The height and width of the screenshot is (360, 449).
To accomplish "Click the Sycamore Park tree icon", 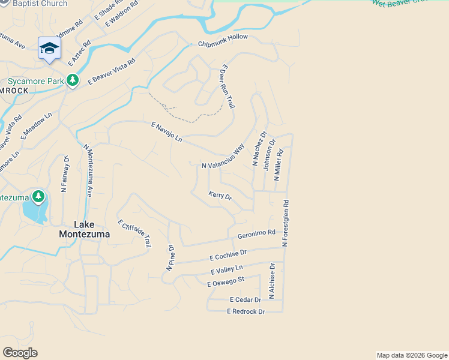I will (x=73, y=80).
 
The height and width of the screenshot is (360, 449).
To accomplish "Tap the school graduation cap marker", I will (x=49, y=48).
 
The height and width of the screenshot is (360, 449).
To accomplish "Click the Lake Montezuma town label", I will (x=85, y=229).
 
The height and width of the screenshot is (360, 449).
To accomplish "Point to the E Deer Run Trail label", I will (x=228, y=86).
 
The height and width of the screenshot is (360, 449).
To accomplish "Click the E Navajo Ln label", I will (x=166, y=131).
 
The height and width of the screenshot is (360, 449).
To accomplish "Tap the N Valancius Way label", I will (x=223, y=157).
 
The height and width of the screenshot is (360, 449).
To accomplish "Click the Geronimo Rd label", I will (x=256, y=234).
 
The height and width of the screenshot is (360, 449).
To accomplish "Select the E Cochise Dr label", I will (x=228, y=255).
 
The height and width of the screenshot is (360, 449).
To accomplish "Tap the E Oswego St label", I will (x=225, y=281).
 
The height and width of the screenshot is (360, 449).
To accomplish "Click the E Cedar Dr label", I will (x=246, y=299).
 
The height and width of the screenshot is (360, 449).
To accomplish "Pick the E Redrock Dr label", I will (x=246, y=311).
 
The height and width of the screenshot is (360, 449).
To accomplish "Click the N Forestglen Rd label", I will (x=286, y=223).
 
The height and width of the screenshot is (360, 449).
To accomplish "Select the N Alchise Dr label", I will (x=272, y=280).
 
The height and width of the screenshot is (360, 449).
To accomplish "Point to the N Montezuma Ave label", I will (x=88, y=170).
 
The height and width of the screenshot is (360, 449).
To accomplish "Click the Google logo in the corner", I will (x=20, y=353).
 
